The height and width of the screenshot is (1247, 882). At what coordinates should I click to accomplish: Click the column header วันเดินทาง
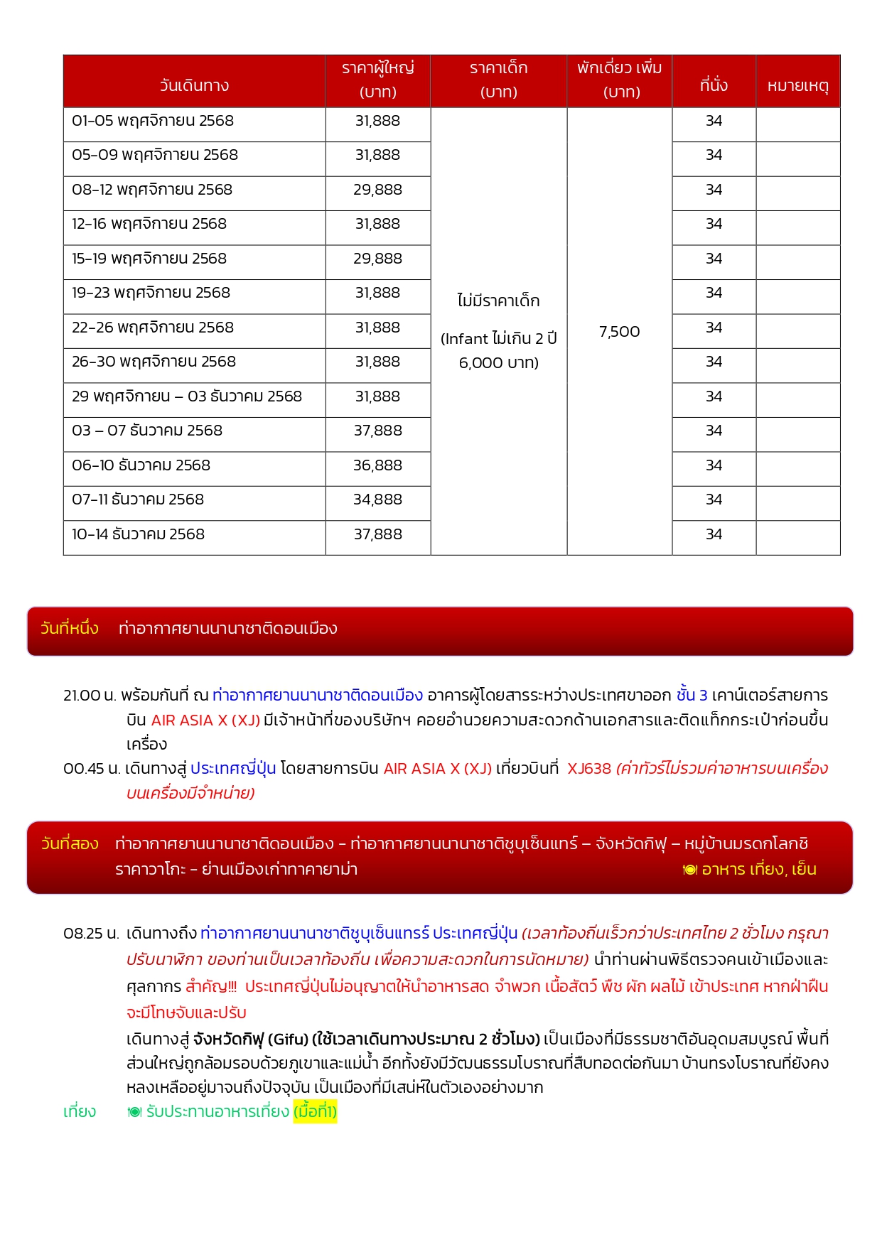click(x=194, y=85)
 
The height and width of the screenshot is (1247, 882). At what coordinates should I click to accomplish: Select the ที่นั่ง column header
click(x=714, y=85)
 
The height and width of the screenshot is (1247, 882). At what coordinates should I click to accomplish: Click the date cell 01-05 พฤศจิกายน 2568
click(x=153, y=121)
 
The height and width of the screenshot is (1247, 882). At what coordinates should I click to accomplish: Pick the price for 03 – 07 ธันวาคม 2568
click(x=377, y=431)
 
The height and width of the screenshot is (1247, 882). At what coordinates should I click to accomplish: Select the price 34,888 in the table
click(x=377, y=500)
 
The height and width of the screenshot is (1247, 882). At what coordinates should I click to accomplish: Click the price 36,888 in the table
click(x=377, y=465)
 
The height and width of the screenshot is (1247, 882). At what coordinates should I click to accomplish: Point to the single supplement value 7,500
click(x=619, y=332)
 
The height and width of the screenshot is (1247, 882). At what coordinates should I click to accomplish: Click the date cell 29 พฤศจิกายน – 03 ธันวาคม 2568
click(x=187, y=396)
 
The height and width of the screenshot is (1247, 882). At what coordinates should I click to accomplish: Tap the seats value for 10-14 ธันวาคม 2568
click(x=714, y=534)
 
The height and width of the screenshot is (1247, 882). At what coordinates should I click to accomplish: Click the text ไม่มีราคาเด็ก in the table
click(x=498, y=301)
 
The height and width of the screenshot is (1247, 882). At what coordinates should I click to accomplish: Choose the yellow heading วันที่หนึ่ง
click(x=70, y=628)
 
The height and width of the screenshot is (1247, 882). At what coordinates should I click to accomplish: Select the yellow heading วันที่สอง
click(x=70, y=843)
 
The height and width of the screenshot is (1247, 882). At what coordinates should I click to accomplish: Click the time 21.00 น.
click(x=90, y=695)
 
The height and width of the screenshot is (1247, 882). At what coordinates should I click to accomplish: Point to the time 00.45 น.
click(x=92, y=768)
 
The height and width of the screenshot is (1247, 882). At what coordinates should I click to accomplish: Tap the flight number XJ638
click(x=588, y=768)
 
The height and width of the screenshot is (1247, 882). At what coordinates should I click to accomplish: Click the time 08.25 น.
click(x=91, y=933)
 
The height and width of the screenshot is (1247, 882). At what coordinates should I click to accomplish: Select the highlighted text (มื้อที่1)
click(x=315, y=1111)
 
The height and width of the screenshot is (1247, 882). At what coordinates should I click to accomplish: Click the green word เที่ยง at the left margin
click(x=80, y=1111)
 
